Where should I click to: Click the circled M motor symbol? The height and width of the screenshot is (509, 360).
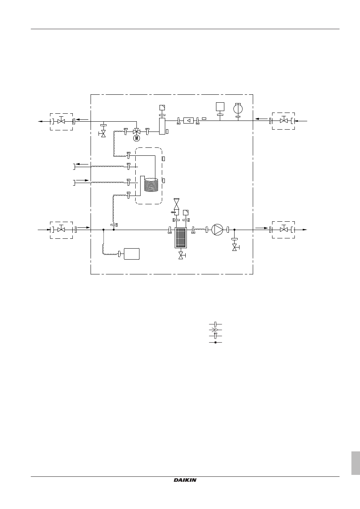136,138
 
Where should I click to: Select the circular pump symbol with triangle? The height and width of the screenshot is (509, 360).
217,230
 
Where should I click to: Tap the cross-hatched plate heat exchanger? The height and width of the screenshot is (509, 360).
181,238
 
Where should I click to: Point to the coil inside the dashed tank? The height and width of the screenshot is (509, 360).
151,185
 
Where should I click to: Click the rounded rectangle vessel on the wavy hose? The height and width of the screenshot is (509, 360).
132,254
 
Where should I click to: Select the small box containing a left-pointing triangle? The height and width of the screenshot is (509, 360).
188,121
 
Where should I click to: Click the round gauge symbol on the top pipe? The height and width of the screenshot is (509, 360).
238,109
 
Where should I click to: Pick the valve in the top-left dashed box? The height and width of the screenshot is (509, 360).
61,121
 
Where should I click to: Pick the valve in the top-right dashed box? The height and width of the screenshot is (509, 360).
284,120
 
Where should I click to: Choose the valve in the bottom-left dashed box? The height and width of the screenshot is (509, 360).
61,229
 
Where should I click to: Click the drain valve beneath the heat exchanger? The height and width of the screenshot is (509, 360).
182,255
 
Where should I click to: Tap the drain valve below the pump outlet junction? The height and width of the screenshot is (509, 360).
235,247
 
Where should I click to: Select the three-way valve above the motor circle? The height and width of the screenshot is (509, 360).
136,132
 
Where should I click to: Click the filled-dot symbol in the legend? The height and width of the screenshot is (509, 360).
216,342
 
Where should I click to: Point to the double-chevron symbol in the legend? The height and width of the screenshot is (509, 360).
214,330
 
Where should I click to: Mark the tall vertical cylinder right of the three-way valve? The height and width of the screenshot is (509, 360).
162,126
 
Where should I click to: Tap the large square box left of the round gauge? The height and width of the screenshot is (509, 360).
220,106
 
